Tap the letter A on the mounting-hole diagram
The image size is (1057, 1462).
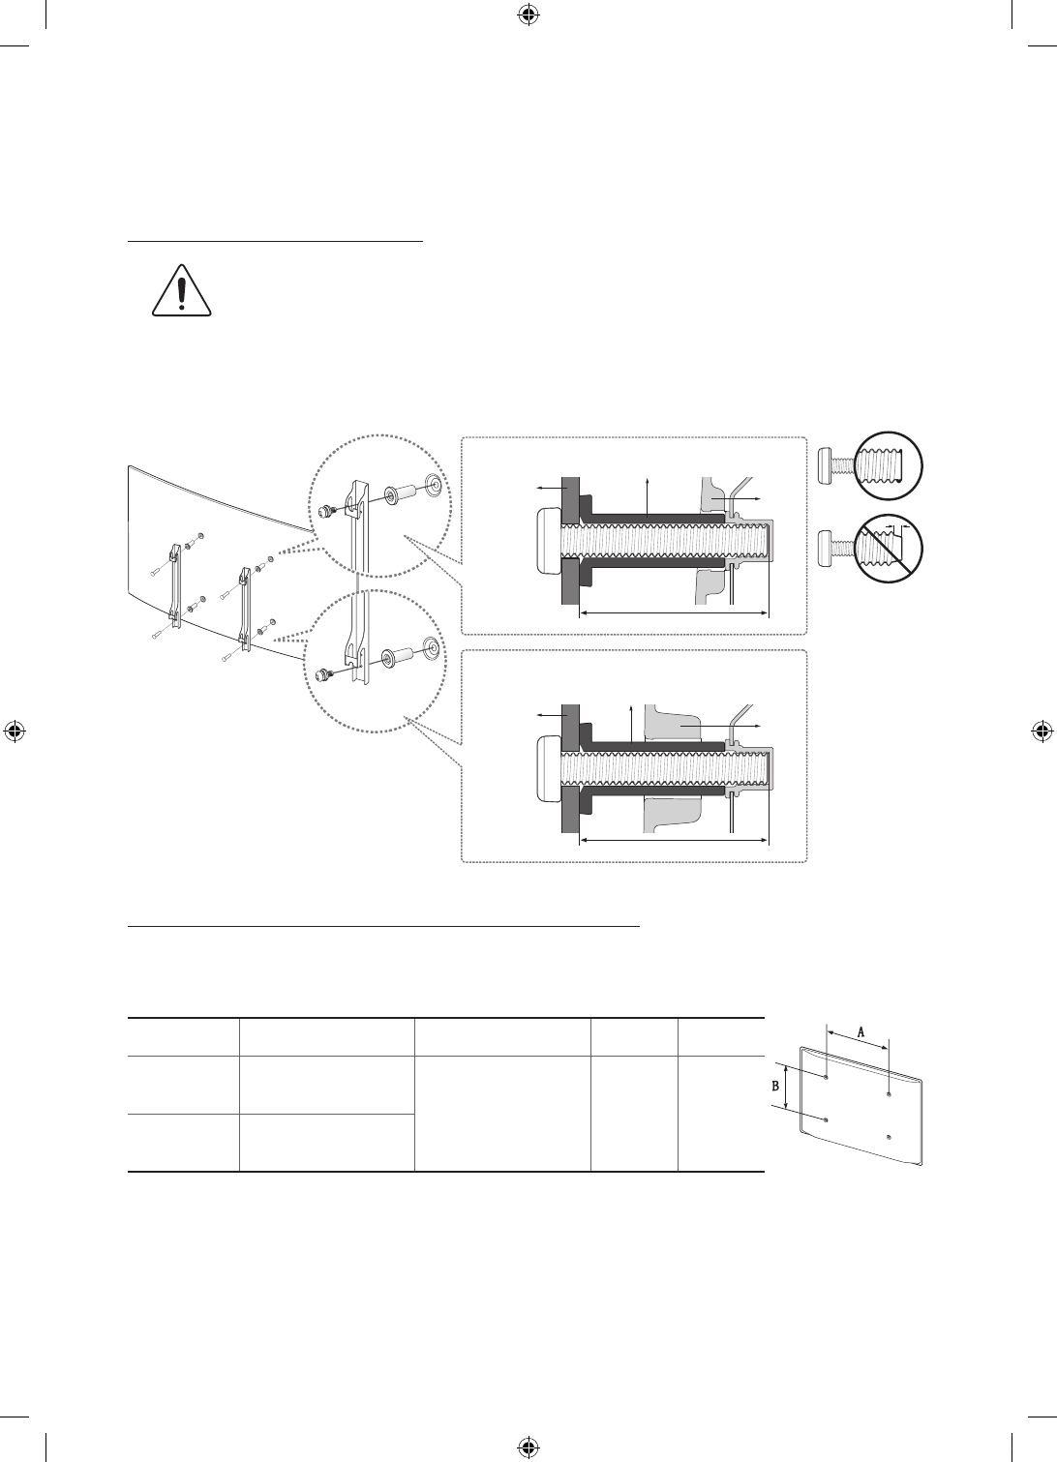(861, 1031)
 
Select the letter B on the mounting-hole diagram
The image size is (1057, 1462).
(775, 1086)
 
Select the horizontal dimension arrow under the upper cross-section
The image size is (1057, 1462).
(674, 612)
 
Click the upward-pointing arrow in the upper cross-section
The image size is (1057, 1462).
(647, 496)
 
